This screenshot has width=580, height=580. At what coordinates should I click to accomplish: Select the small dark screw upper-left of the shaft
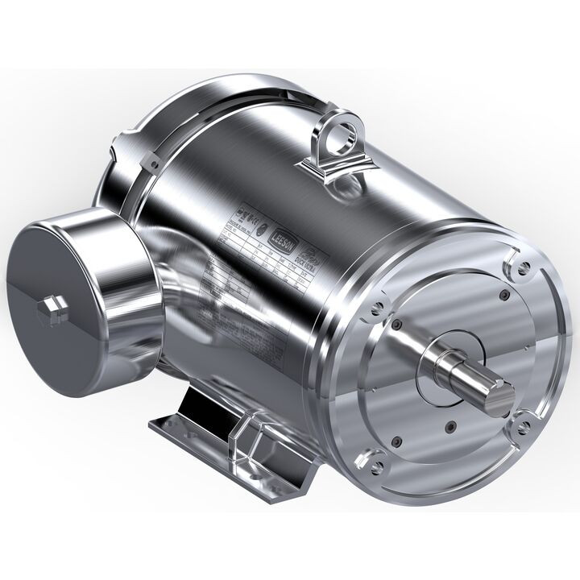pyautogui.click(x=396, y=325)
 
